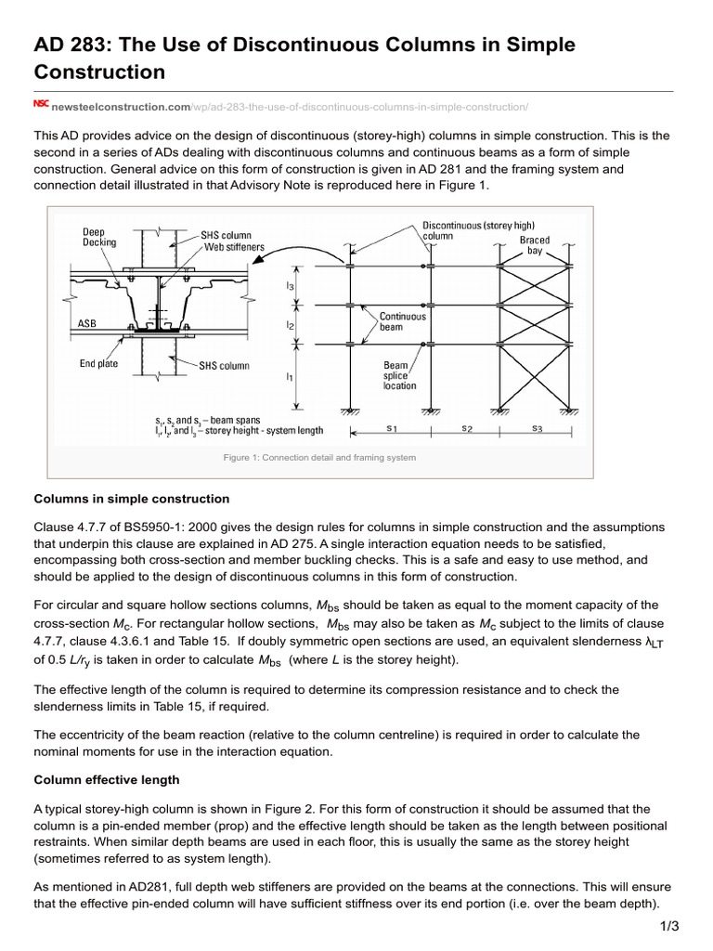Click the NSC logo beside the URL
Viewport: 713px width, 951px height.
pyautogui.click(x=41, y=105)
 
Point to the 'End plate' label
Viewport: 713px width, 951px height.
pyautogui.click(x=98, y=364)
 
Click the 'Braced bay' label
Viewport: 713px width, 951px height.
pyautogui.click(x=535, y=245)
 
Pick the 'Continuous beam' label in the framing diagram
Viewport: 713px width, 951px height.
pyautogui.click(x=402, y=322)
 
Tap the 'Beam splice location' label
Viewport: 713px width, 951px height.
pyautogui.click(x=400, y=375)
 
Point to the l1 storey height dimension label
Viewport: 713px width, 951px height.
pyautogui.click(x=290, y=377)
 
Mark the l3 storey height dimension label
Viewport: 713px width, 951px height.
pyautogui.click(x=290, y=287)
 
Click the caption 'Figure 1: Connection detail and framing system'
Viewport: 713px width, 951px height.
pyautogui.click(x=319, y=457)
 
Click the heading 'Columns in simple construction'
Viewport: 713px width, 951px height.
pyautogui.click(x=131, y=500)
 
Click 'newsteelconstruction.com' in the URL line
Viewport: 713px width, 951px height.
pyautogui.click(x=121, y=106)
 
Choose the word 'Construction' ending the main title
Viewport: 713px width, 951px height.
pyautogui.click(x=99, y=72)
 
